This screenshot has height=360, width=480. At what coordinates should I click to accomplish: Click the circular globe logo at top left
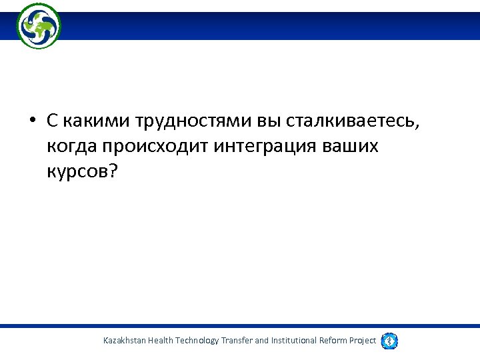39,26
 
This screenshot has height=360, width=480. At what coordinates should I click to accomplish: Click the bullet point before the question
31,123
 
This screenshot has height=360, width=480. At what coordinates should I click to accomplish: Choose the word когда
71,147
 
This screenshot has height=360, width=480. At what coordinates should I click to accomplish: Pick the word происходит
155,147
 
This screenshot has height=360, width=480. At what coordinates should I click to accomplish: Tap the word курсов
77,171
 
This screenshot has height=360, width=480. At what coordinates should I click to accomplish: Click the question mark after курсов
112,171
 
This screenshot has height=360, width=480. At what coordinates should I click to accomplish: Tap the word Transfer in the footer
236,341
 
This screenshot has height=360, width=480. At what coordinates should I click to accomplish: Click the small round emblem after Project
390,341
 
